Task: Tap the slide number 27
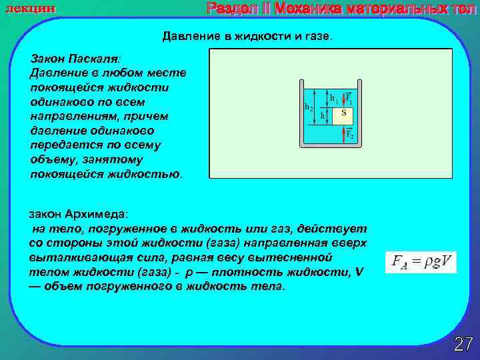(463, 344)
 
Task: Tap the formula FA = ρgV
(420, 262)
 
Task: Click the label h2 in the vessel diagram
(309, 107)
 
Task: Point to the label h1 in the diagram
(334, 97)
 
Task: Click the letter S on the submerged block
(343, 113)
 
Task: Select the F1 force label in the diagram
(349, 98)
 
